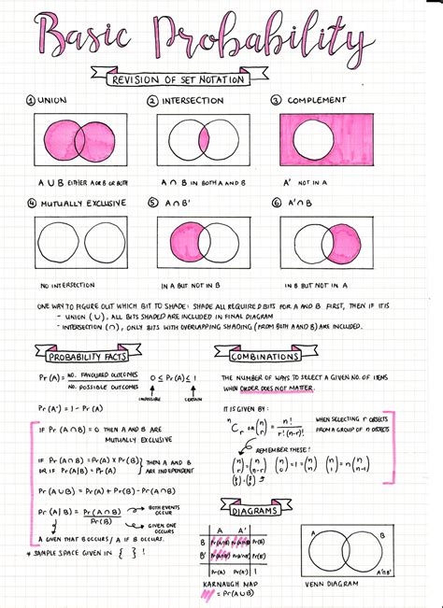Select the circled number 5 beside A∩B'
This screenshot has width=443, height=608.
pyautogui.click(x=152, y=201)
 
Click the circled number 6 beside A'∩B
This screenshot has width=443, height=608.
pyautogui.click(x=277, y=201)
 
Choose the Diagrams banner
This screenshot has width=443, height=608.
pyautogui.click(x=251, y=506)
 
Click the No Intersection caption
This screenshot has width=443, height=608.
pyautogui.click(x=69, y=285)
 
